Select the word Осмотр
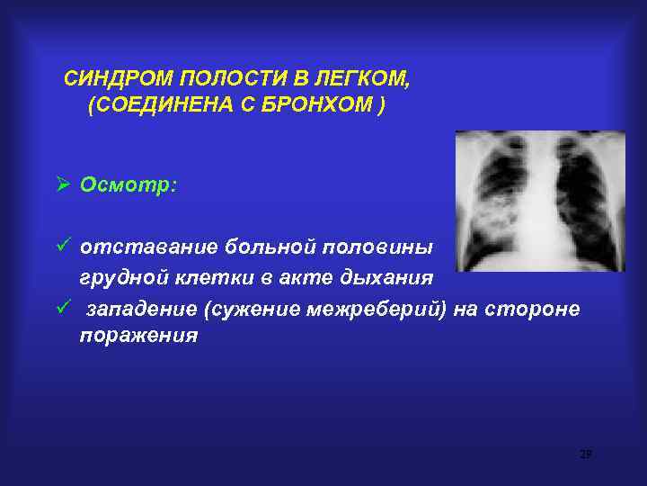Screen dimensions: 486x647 pyautogui.click(x=129, y=184)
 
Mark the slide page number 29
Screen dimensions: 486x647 pyautogui.click(x=585, y=454)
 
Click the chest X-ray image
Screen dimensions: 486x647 pyautogui.click(x=539, y=201)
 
